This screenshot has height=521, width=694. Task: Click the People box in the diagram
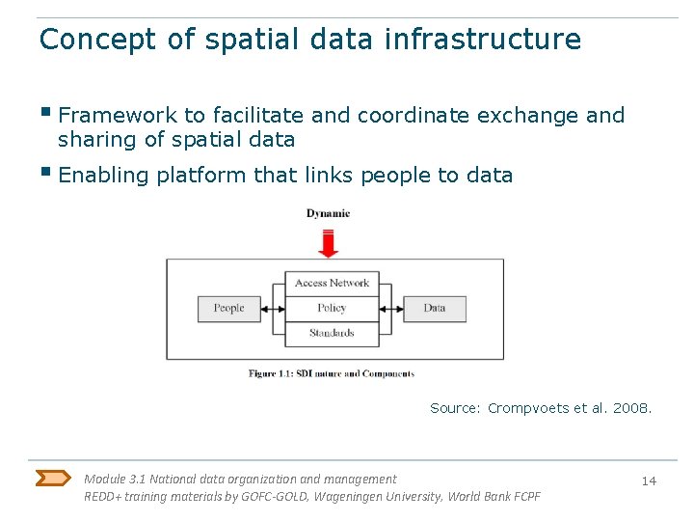tap(228, 309)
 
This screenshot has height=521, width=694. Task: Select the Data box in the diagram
tap(434, 309)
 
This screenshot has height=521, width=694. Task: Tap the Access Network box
tap(332, 283)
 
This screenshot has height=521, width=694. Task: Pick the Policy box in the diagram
tap(332, 309)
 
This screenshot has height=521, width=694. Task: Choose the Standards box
tap(332, 334)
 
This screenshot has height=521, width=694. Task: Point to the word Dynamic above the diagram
tap(328, 213)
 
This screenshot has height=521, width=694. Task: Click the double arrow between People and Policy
tap(273, 309)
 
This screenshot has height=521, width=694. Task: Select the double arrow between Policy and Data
tap(391, 309)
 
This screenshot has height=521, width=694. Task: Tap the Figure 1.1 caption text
tap(331, 373)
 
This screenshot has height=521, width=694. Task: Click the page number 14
tap(649, 480)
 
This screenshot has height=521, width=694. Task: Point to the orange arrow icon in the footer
tap(53, 478)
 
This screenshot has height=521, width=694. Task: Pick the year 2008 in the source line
tap(633, 408)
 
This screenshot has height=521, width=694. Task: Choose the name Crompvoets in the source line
tap(527, 408)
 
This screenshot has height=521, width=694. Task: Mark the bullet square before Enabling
tap(45, 173)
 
